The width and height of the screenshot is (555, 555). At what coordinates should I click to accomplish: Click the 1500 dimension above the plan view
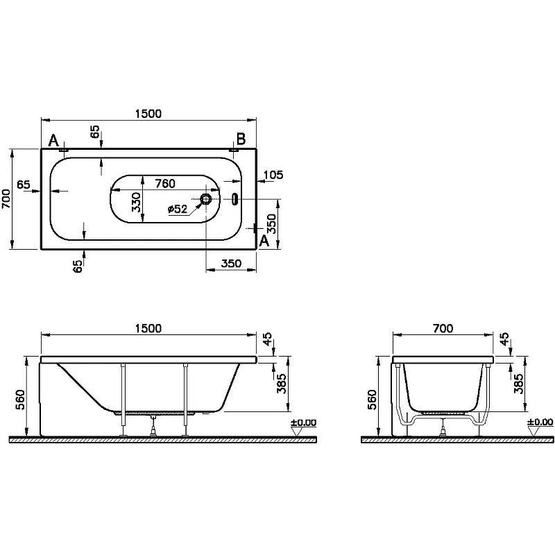[149, 114]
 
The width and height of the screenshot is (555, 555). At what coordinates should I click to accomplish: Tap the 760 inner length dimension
[164, 184]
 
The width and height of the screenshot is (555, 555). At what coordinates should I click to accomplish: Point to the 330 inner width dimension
[137, 202]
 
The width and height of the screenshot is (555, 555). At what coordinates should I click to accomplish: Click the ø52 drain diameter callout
[178, 210]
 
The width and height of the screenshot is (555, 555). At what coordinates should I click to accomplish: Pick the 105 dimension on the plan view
[273, 175]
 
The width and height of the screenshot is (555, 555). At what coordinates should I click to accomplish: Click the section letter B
[241, 139]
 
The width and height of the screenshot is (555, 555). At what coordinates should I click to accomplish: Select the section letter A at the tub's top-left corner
[53, 141]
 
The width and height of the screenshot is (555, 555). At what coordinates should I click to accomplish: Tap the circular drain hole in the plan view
[206, 199]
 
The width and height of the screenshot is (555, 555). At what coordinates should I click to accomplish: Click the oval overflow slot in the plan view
[234, 199]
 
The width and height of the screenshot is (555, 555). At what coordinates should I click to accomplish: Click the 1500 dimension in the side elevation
[149, 329]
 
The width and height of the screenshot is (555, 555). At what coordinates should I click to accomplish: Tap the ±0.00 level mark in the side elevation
[302, 422]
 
